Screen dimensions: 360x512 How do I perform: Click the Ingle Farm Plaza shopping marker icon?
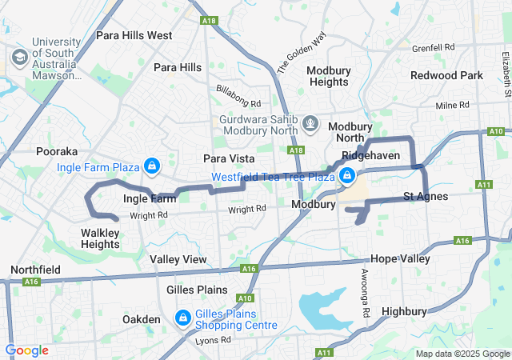tap(152, 167)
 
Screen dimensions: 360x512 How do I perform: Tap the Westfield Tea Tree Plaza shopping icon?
tap(347, 177)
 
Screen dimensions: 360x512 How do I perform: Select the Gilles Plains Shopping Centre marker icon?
tap(183, 319)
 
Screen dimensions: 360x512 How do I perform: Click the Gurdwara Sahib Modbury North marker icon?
tap(311, 125)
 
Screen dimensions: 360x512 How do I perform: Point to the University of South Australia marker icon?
tap(18, 58)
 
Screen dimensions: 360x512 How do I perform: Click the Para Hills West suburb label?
tap(134, 35)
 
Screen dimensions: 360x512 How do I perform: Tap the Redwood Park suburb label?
tap(446, 75)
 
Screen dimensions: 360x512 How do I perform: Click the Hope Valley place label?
tap(400, 259)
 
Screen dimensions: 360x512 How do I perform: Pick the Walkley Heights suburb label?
tap(100, 238)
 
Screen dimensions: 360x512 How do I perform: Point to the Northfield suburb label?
tap(34, 270)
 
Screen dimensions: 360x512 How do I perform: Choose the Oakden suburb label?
tap(142, 319)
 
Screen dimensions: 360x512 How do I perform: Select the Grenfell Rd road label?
tap(433, 47)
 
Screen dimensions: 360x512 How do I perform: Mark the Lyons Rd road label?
tap(212, 340)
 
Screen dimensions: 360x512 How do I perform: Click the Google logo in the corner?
tap(26, 350)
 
